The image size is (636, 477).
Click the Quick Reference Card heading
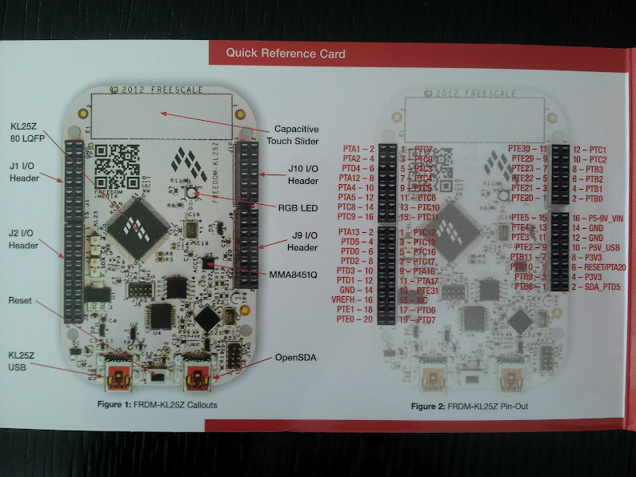pos(285,54)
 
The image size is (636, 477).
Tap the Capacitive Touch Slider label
pos(297,134)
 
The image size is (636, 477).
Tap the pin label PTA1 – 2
pos(358,149)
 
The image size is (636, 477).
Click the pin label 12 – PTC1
pos(590,150)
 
